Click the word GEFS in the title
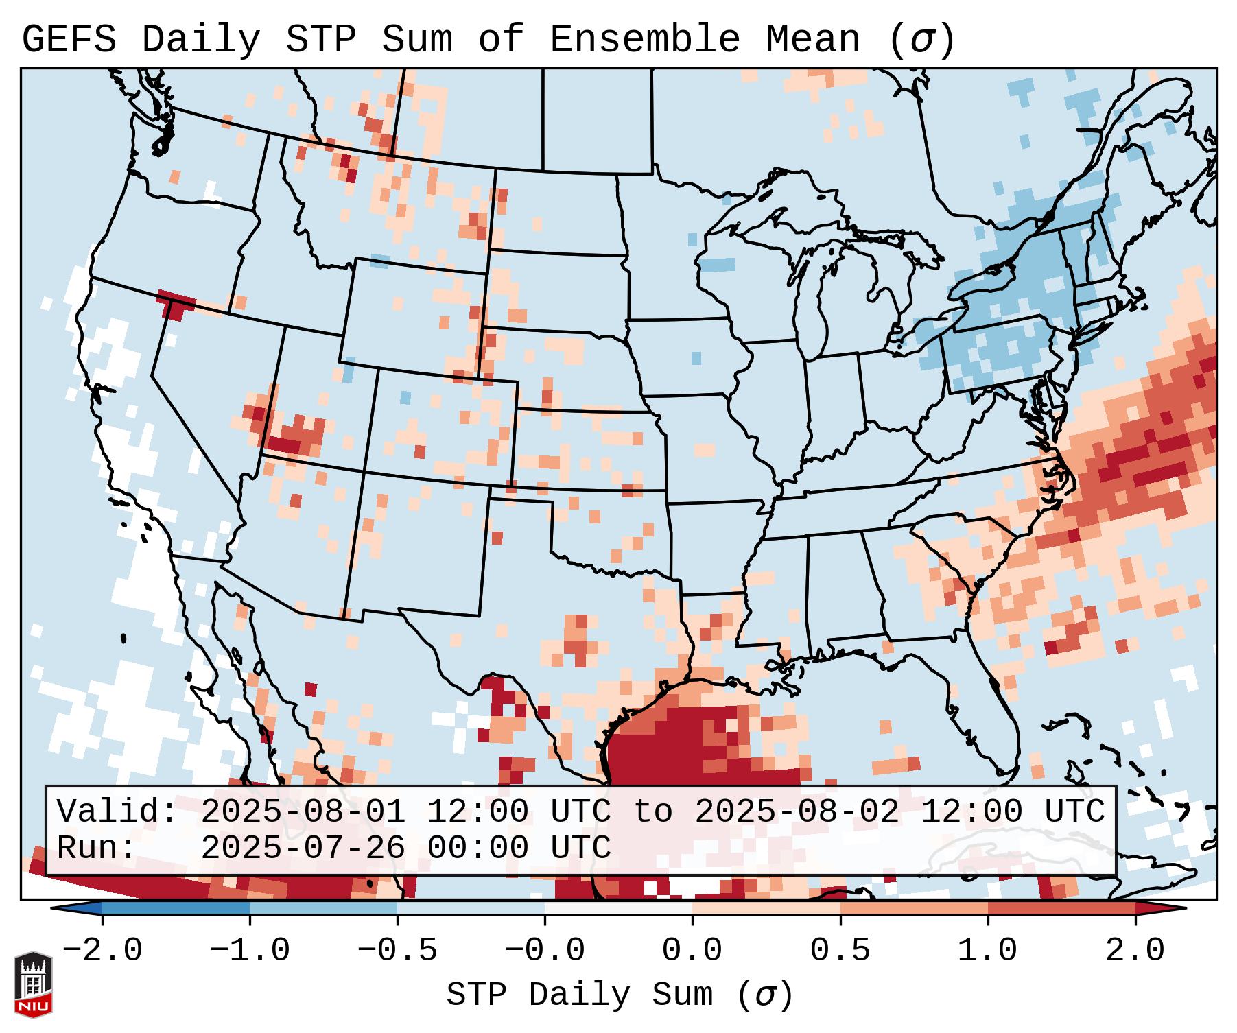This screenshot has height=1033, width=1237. click(69, 40)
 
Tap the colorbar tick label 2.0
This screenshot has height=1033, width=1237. click(1135, 951)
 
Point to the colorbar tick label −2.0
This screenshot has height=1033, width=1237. click(102, 951)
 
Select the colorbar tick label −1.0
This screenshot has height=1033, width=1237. click(250, 951)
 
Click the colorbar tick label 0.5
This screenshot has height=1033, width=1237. click(840, 951)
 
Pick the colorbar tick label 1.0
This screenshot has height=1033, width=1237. click(987, 951)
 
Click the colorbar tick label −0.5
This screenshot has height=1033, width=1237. click(397, 951)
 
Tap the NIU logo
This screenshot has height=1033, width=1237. click(33, 984)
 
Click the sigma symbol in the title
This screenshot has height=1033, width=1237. click(921, 40)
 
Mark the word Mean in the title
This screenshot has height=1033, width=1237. click(813, 40)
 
